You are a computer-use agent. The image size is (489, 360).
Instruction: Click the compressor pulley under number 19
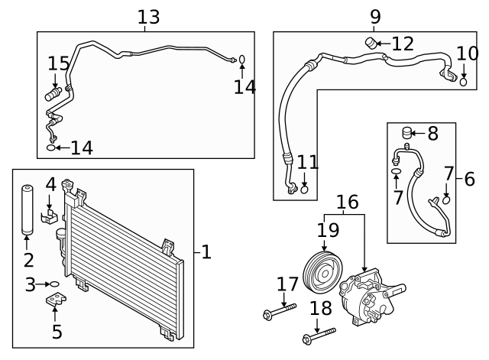pyautogui.click(x=322, y=272)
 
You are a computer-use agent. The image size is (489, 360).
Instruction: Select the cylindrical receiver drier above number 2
pyautogui.click(x=28, y=209)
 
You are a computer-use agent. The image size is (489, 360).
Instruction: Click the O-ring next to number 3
pyautogui.click(x=54, y=284)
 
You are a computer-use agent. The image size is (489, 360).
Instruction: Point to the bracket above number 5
pyautogui.click(x=56, y=299)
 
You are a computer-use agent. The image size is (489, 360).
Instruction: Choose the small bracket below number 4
pyautogui.click(x=49, y=216)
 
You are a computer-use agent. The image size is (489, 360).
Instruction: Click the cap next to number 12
pyautogui.click(x=371, y=43)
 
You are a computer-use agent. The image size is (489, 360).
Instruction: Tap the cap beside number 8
pyautogui.click(x=406, y=132)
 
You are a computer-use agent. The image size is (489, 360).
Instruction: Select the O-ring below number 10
pyautogui.click(x=464, y=82)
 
